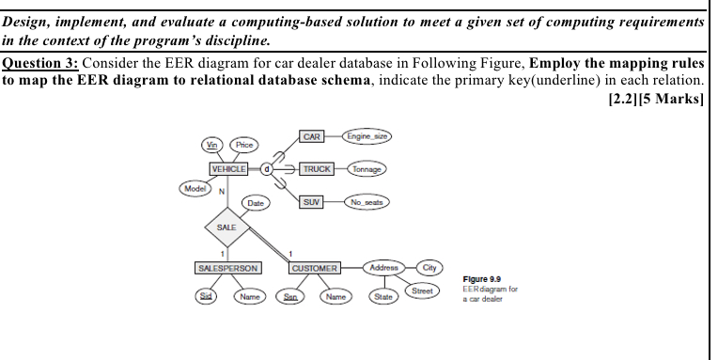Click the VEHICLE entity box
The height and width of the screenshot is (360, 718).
[x=229, y=169]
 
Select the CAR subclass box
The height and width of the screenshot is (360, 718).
[x=312, y=137]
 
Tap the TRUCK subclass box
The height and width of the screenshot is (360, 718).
[x=316, y=169]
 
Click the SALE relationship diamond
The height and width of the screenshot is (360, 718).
[x=226, y=227]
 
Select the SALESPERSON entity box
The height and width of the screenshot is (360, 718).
[x=227, y=268]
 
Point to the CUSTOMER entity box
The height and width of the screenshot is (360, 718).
[x=314, y=269]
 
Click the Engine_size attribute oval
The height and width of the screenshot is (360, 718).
[x=367, y=137]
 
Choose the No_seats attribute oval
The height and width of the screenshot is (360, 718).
[x=368, y=202]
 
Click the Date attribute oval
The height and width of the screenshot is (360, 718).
[x=254, y=203]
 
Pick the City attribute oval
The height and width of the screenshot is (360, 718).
[x=430, y=268]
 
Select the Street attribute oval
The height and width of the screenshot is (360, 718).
[x=423, y=290]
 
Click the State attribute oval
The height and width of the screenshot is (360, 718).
[x=382, y=299]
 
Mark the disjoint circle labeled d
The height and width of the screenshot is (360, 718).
[x=266, y=169]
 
